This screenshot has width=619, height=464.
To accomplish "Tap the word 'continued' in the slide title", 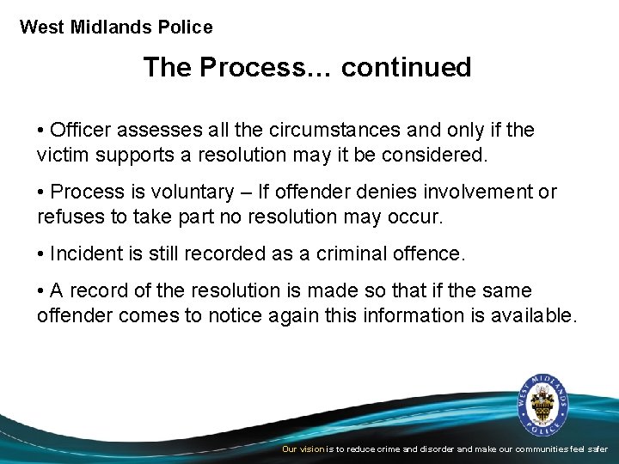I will click(x=406, y=67).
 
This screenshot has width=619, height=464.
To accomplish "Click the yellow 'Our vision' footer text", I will click(x=303, y=449).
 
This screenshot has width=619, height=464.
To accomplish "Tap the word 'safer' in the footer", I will click(x=597, y=449).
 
